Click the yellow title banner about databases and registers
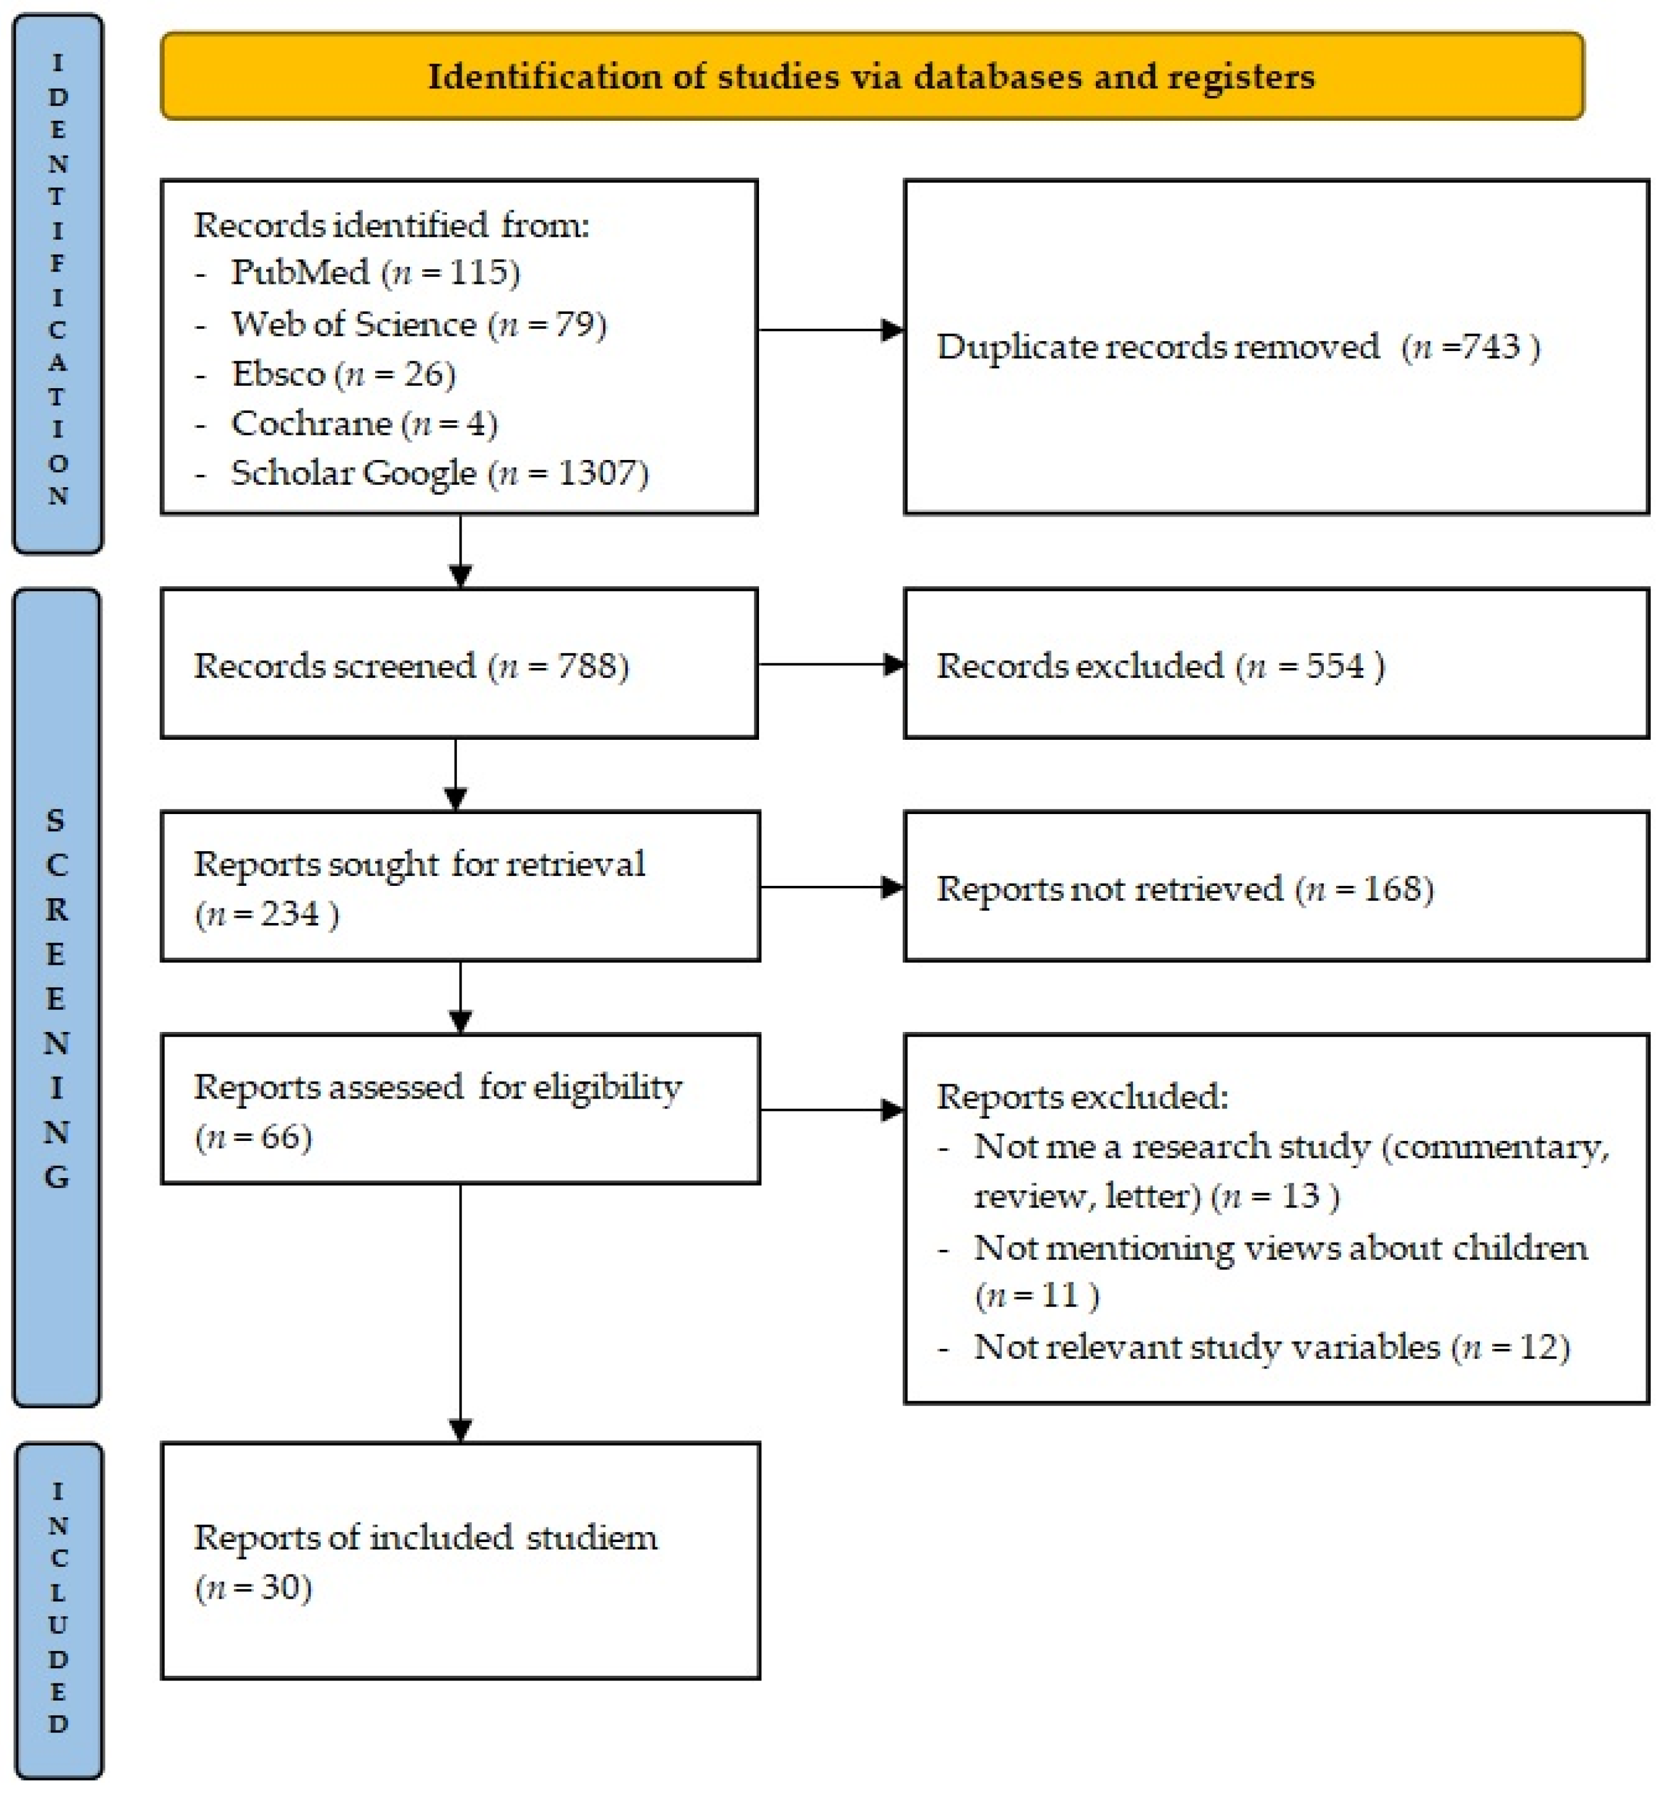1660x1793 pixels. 872,77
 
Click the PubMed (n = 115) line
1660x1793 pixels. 376,272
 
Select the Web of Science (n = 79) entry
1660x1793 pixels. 419,323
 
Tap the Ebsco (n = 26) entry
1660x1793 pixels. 343,373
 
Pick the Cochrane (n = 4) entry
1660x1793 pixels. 364,422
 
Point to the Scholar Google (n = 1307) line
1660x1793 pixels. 439,472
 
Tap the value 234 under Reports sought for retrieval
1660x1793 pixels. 289,914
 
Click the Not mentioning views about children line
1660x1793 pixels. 1280,1248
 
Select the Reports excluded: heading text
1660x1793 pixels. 1082,1096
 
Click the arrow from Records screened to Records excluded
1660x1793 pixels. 830,665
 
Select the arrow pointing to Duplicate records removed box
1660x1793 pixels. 830,330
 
